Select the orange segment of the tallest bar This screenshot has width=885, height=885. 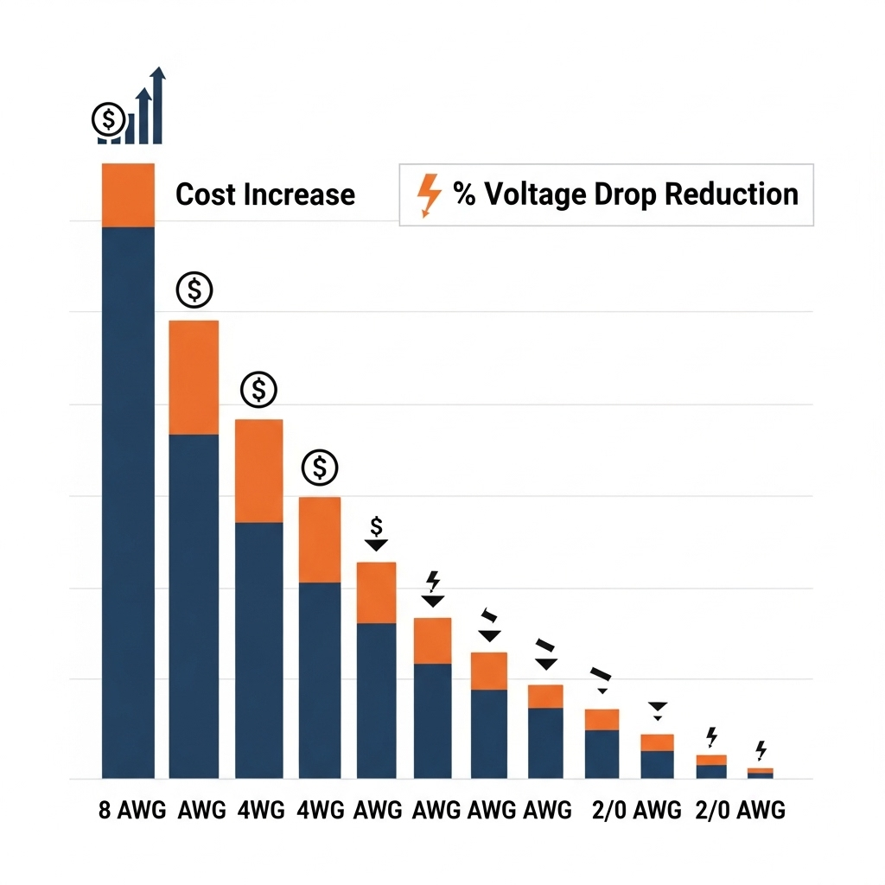point(128,194)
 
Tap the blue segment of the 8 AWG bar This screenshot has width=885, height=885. point(128,501)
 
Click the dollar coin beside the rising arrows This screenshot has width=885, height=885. point(108,120)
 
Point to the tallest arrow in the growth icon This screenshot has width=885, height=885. point(157,104)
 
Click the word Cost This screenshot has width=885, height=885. point(205,194)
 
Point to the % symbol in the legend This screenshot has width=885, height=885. point(464,194)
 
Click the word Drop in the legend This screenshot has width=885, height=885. point(624,194)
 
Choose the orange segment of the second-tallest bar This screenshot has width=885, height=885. point(194,377)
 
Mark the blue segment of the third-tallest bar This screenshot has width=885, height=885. point(258,648)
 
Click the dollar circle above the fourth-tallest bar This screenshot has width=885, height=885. point(320,468)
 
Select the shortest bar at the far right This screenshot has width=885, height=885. point(760,773)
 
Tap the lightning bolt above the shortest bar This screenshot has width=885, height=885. point(761,749)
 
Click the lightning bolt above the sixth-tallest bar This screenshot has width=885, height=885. point(433,581)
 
